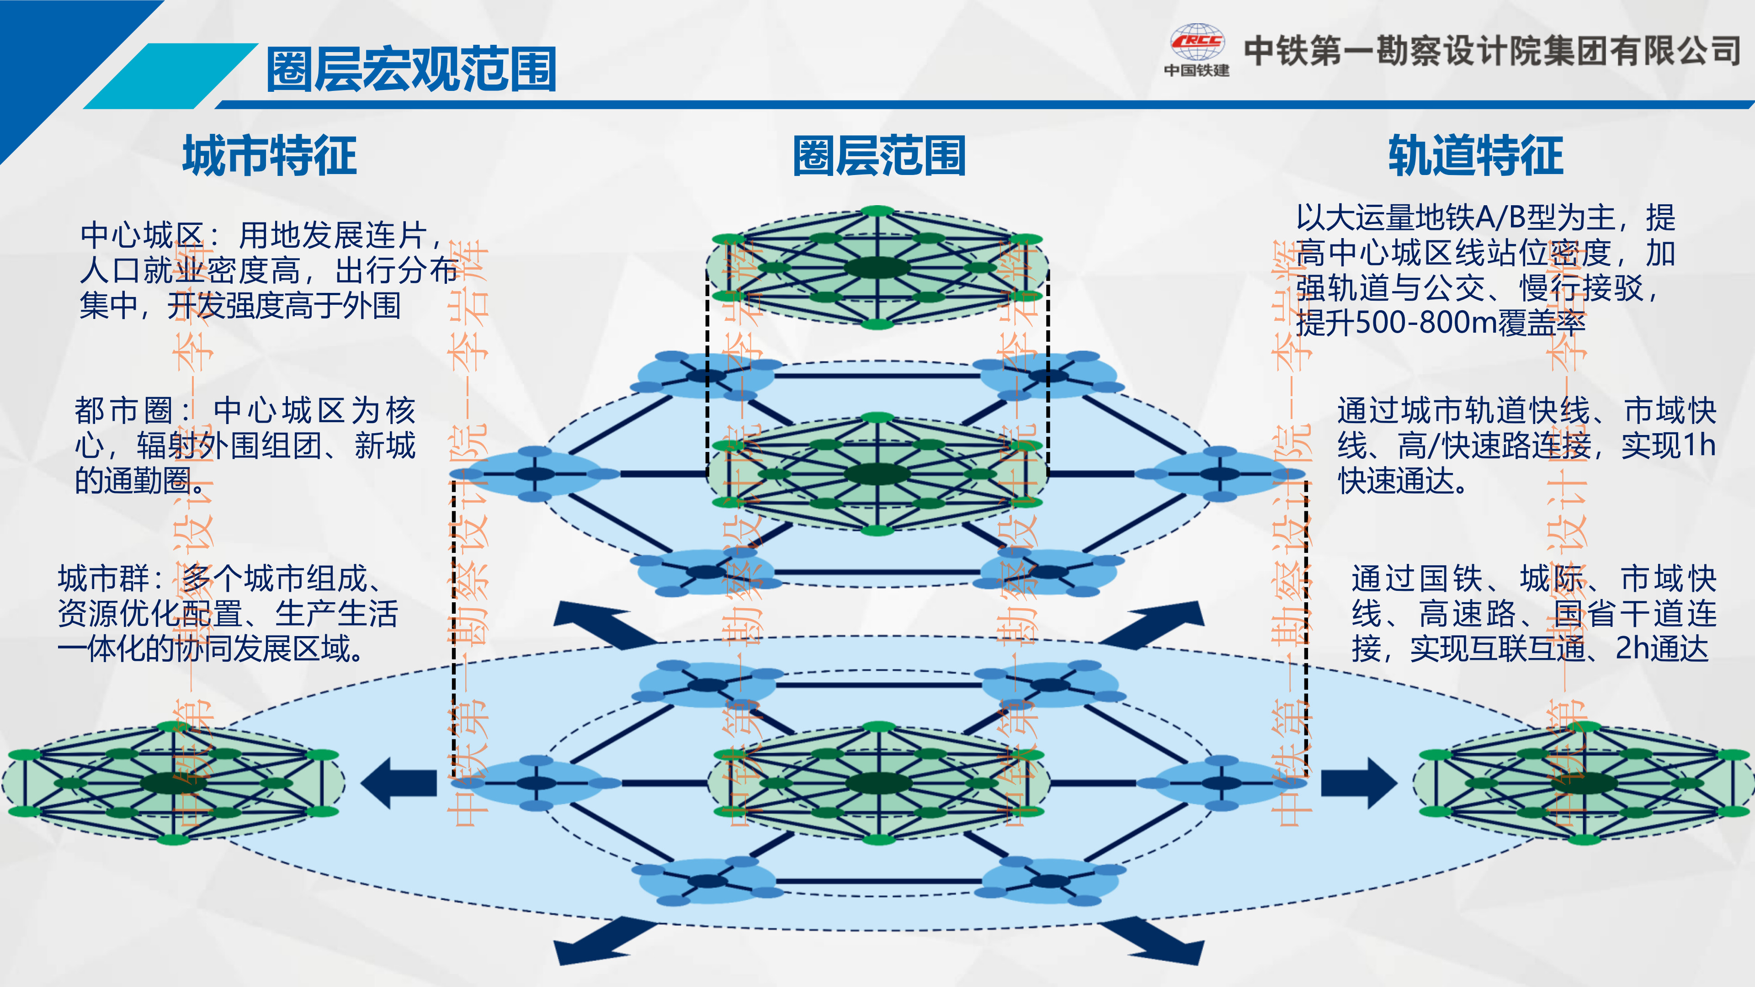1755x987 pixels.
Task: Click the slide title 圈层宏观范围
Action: click(411, 69)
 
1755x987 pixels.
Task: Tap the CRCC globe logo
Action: click(1197, 42)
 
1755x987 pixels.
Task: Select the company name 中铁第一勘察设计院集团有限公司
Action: click(1493, 50)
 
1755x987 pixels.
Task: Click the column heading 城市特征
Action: click(270, 155)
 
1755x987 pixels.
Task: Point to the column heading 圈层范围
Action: click(879, 155)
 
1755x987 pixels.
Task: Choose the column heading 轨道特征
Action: click(1476, 155)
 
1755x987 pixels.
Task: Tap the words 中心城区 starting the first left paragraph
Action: click(142, 236)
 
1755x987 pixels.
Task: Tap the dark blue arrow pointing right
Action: click(1359, 783)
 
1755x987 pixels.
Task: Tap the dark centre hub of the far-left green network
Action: click(173, 783)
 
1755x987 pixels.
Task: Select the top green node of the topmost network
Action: click(877, 211)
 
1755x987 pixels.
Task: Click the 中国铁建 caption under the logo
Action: click(1197, 70)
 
